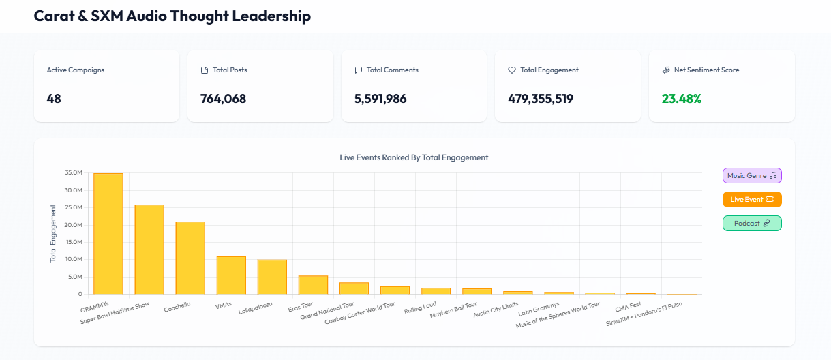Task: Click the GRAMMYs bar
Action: [x=108, y=233]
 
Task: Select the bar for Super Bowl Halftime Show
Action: [x=149, y=249]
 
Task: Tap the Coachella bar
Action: [x=190, y=258]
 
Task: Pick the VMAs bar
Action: [x=231, y=275]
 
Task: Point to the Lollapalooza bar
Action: [x=272, y=277]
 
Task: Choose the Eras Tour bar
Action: [x=313, y=285]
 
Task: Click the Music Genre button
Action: [x=752, y=175]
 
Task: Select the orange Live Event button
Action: [x=752, y=199]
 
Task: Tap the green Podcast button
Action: [x=752, y=223]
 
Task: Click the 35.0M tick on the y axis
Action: [x=73, y=173]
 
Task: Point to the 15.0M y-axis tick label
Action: [x=73, y=242]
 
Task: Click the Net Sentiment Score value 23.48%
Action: [x=681, y=99]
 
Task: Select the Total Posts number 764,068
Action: [x=223, y=99]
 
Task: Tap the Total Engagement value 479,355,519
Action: [x=541, y=99]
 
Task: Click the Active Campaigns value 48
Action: [x=54, y=99]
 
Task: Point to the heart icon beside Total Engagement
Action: [x=512, y=70]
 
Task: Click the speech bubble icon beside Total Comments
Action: [x=359, y=70]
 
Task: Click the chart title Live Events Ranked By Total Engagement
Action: [x=414, y=157]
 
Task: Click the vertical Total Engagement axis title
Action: [x=53, y=233]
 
